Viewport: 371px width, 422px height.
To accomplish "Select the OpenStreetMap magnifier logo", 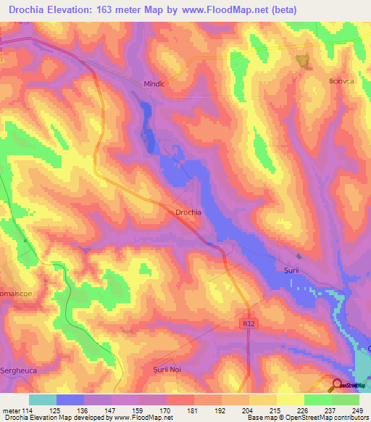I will coord(337,384).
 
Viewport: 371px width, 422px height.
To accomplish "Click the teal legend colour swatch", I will coord(43,400).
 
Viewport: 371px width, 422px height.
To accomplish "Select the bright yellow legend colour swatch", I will coord(290,400).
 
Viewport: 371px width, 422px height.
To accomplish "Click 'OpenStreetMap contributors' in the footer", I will coord(328,418).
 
